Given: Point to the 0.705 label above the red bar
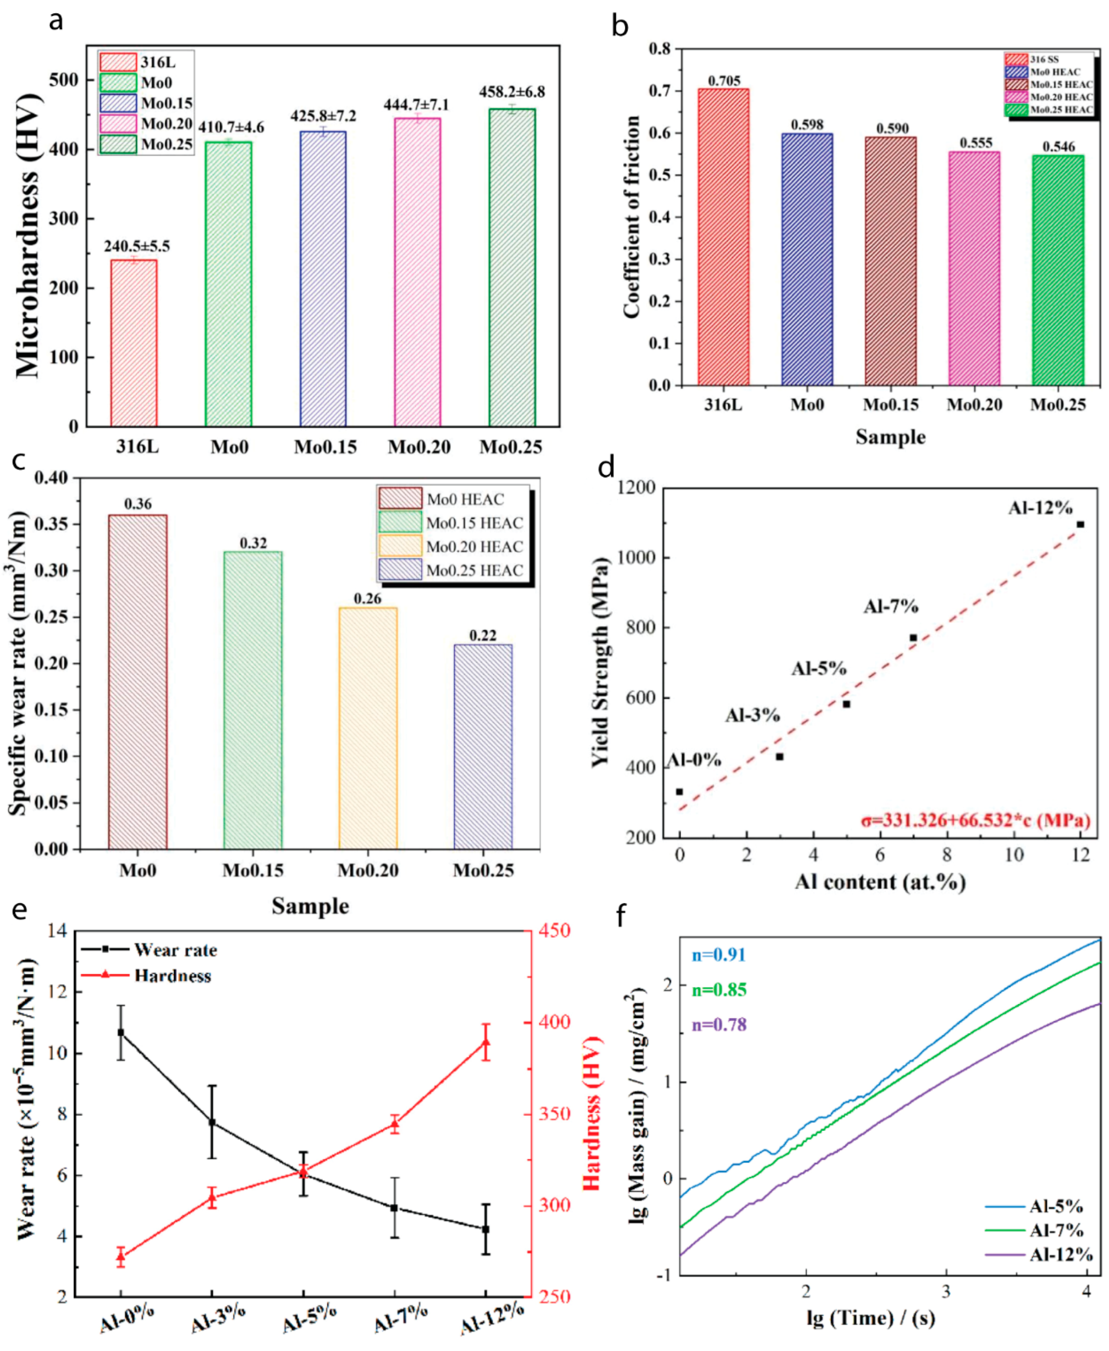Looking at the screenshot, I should pyautogui.click(x=724, y=81).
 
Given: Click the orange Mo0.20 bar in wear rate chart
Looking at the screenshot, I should pyautogui.click(x=368, y=728).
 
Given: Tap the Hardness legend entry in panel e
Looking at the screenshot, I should pyautogui.click(x=147, y=976).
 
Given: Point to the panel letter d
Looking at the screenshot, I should pyautogui.click(x=605, y=468).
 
